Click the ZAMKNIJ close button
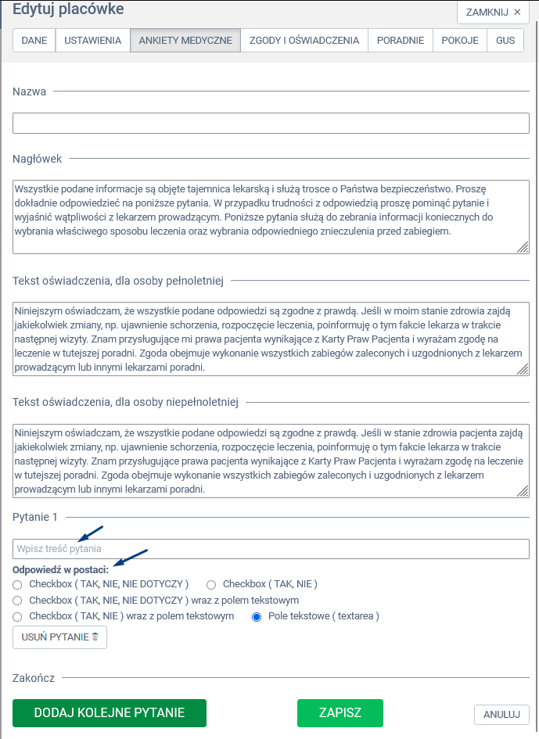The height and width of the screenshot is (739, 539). [x=493, y=13]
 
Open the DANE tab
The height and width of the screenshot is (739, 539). [x=34, y=41]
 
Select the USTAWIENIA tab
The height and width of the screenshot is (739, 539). [x=92, y=41]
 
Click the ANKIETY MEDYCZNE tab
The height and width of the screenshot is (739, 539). [x=185, y=41]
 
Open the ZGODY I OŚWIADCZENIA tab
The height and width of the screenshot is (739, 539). [x=304, y=41]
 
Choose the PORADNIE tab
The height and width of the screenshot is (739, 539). [x=401, y=41]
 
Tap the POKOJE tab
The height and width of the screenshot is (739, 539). [x=460, y=41]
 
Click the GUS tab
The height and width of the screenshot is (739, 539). [x=505, y=41]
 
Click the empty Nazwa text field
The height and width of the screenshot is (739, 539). [x=271, y=124]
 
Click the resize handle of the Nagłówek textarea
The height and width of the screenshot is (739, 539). [x=523, y=247]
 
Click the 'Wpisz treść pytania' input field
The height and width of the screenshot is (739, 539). [x=271, y=549]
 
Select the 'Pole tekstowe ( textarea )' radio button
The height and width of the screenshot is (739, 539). [x=256, y=617]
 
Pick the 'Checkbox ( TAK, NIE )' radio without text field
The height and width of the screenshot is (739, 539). [x=211, y=584]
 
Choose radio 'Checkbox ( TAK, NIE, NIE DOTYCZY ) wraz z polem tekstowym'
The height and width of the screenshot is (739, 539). [x=17, y=601]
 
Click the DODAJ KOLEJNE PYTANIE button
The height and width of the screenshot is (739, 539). [x=109, y=713]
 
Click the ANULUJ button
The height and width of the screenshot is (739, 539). [x=501, y=714]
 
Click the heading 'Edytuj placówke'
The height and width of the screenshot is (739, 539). [x=68, y=9]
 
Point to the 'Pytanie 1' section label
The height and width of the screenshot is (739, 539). [x=35, y=517]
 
